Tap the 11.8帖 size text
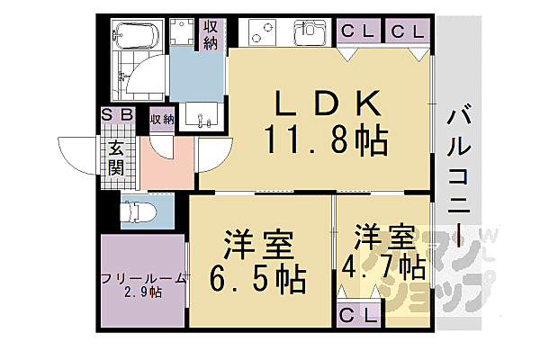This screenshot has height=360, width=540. [326, 140]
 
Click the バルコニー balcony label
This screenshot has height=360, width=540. [461, 180]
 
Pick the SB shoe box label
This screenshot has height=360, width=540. [118, 114]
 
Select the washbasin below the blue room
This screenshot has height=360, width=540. [199, 117]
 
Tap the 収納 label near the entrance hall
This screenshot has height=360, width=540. [162, 119]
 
